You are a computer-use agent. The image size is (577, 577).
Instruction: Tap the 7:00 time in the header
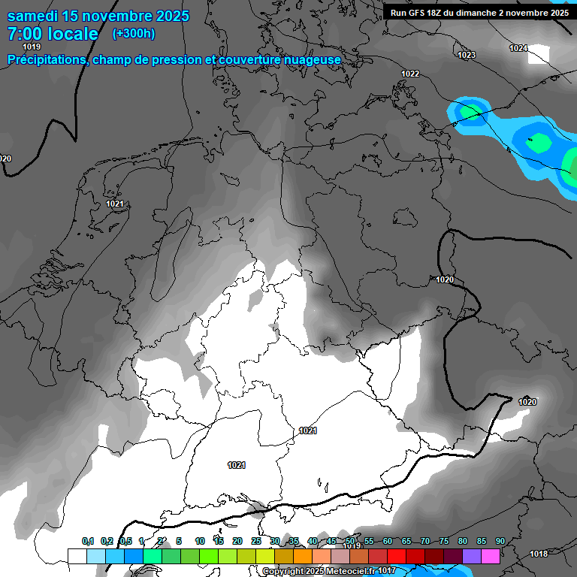click(x=26, y=34)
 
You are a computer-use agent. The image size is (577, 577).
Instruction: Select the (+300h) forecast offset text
click(x=133, y=33)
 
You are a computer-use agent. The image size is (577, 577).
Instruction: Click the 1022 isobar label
click(x=410, y=74)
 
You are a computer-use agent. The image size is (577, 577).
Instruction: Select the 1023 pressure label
click(x=467, y=55)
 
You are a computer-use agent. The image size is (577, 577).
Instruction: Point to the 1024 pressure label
click(x=518, y=48)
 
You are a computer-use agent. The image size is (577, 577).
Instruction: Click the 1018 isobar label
click(x=539, y=554)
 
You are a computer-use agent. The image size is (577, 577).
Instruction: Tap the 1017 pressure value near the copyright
click(x=387, y=571)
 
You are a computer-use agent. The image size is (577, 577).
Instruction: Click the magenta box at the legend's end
click(x=491, y=556)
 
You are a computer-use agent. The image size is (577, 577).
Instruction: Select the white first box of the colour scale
click(x=77, y=556)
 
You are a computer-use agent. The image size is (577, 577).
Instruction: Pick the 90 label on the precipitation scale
click(x=500, y=541)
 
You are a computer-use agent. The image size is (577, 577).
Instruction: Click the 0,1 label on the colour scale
click(x=88, y=541)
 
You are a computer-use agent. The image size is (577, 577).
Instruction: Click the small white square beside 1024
click(x=539, y=54)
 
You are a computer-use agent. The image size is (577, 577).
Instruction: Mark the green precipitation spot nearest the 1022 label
click(x=470, y=113)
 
